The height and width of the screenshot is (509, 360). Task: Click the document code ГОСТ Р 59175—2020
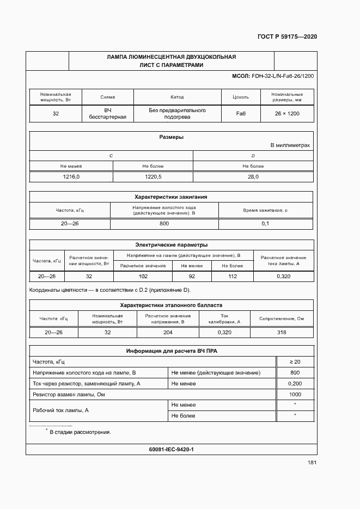click(x=286, y=36)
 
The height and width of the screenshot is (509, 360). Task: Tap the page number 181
click(x=312, y=463)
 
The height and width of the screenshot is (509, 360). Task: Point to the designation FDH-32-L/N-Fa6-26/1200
click(x=283, y=76)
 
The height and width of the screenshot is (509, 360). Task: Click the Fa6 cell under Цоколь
click(x=240, y=114)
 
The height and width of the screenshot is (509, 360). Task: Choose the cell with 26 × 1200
click(x=287, y=114)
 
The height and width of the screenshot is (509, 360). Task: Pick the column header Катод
click(x=177, y=97)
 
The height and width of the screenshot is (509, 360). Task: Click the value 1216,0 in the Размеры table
click(x=71, y=177)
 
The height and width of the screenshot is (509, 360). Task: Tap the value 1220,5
click(x=152, y=177)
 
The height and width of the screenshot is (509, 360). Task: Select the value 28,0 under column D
click(x=253, y=177)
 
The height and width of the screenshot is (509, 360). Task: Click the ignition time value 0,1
click(x=265, y=224)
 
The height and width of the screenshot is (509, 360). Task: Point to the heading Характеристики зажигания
click(x=171, y=197)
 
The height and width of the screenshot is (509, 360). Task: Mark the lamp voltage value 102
click(x=143, y=277)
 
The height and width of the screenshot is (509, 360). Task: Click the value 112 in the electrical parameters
click(x=233, y=277)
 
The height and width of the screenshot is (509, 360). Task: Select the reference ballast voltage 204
click(x=168, y=333)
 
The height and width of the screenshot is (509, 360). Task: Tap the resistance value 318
click(x=282, y=333)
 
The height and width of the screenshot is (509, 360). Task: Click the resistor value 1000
click(x=295, y=394)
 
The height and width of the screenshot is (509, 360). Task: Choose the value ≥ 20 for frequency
click(x=295, y=361)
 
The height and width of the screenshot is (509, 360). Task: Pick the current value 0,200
click(x=295, y=383)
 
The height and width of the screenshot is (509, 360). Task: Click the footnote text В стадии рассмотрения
click(x=80, y=432)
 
